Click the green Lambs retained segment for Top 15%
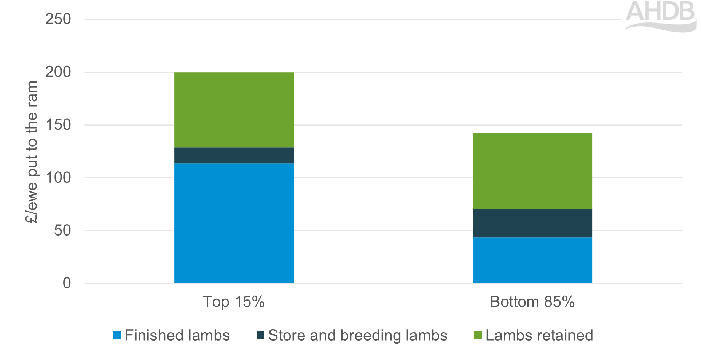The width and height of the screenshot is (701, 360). click(x=234, y=110)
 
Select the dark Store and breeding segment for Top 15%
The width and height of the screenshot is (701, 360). click(x=234, y=155)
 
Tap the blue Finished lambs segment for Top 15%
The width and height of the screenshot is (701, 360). click(x=234, y=223)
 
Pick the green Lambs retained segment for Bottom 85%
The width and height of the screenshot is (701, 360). click(x=532, y=170)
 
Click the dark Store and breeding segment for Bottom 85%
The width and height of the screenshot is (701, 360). click(x=532, y=223)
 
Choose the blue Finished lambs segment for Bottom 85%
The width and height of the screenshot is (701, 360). click(x=532, y=260)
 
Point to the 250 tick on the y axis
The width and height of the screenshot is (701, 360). click(x=58, y=19)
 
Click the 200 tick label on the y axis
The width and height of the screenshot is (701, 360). click(x=58, y=72)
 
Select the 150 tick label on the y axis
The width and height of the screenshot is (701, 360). click(x=58, y=125)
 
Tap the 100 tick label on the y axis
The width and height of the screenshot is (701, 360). click(x=58, y=178)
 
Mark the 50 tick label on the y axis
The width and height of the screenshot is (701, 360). click(x=62, y=230)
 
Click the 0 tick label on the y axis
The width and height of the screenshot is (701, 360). click(x=67, y=283)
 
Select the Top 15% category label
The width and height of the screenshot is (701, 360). click(x=234, y=302)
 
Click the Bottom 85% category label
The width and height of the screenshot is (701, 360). click(x=532, y=302)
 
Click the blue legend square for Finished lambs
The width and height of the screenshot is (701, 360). click(x=117, y=336)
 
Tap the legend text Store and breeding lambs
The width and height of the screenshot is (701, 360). click(x=357, y=336)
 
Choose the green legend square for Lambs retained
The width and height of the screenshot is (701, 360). click(x=478, y=336)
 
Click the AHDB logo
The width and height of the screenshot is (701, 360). click(x=661, y=15)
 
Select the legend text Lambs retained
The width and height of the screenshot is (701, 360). click(x=539, y=336)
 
